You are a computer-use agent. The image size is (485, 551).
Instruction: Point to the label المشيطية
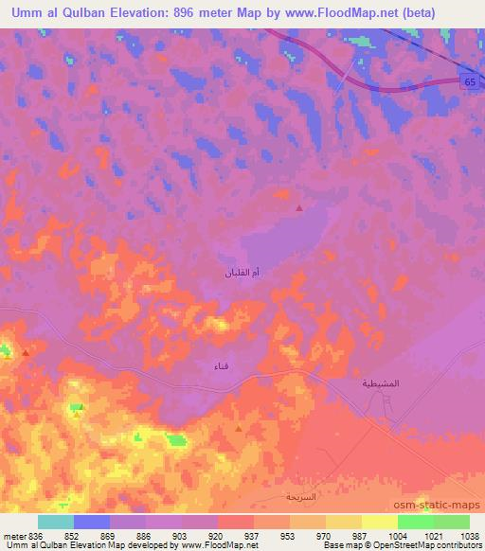[381, 383]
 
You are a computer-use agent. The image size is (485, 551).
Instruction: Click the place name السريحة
[301, 496]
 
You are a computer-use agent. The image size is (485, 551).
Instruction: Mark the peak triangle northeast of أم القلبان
[299, 208]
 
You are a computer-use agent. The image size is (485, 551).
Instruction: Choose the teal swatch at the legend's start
[56, 522]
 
